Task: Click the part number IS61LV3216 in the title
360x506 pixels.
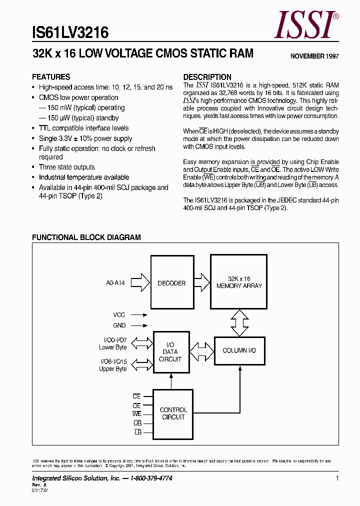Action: pyautogui.click(x=70, y=33)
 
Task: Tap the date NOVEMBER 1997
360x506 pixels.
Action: pyautogui.click(x=314, y=56)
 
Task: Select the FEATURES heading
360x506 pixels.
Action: pyautogui.click(x=51, y=77)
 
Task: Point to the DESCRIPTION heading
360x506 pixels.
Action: pyautogui.click(x=207, y=77)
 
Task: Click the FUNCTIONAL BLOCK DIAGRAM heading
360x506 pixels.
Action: pyautogui.click(x=86, y=237)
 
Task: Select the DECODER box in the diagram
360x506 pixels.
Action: pyautogui.click(x=171, y=283)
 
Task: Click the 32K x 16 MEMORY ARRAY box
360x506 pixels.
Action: pyautogui.click(x=239, y=282)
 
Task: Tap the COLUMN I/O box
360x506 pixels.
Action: pyautogui.click(x=239, y=350)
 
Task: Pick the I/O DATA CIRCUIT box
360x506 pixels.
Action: pyautogui.click(x=170, y=352)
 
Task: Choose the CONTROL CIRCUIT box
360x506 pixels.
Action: pyautogui.click(x=173, y=413)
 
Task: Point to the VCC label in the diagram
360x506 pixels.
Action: pyautogui.click(x=119, y=315)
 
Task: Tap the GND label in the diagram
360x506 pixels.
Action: pyautogui.click(x=119, y=325)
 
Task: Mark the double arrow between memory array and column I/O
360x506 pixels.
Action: pyautogui.click(x=239, y=323)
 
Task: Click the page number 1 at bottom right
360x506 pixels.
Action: pyautogui.click(x=337, y=478)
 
